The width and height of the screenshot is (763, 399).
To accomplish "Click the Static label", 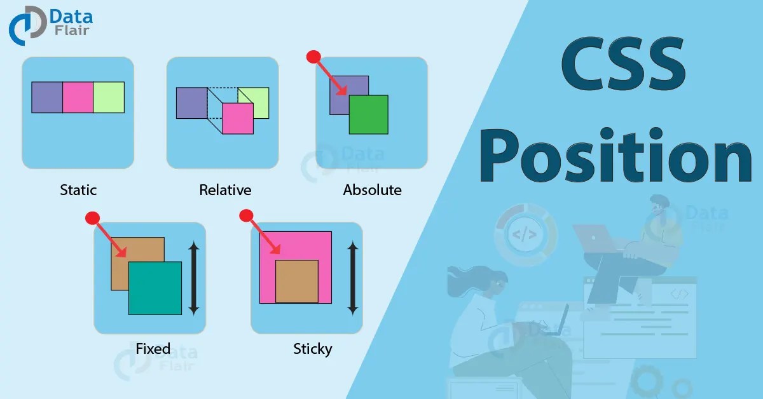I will tap(78, 189).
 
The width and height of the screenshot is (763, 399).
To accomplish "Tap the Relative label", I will tap(225, 189).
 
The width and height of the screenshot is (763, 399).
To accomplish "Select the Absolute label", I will tap(372, 189).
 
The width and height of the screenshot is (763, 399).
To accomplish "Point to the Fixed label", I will tap(153, 348).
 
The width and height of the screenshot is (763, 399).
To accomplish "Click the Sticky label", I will tap(312, 348).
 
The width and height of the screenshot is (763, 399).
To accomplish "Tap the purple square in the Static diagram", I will tap(47, 97).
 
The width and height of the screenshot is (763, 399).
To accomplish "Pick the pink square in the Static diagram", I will tap(78, 97).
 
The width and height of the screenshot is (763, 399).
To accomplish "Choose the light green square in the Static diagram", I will tap(109, 97).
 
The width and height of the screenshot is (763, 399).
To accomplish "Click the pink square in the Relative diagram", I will tap(238, 119).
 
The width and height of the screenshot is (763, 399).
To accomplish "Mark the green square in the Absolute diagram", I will tap(368, 114).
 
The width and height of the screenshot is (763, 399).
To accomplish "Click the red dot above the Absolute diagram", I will tap(313, 57).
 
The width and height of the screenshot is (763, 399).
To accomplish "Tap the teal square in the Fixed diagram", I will tap(155, 288).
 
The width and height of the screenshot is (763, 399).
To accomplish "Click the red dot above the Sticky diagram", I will tap(245, 216).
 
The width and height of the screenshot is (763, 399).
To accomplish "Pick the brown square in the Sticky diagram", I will tap(296, 281).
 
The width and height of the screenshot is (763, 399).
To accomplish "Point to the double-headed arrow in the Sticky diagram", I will tap(353, 278).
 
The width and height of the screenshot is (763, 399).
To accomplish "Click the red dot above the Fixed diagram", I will tap(92, 219).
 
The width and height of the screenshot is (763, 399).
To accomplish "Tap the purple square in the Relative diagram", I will tap(191, 103).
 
